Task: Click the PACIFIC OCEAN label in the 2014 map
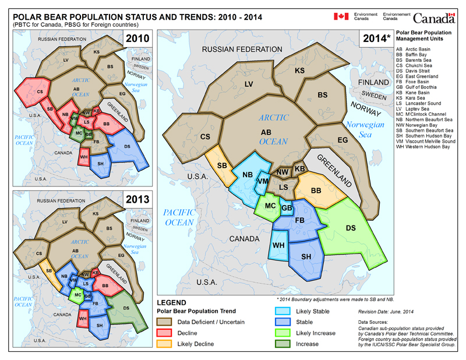182,217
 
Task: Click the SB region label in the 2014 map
222,166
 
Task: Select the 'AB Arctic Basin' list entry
416,51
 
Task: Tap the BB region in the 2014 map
317,190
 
